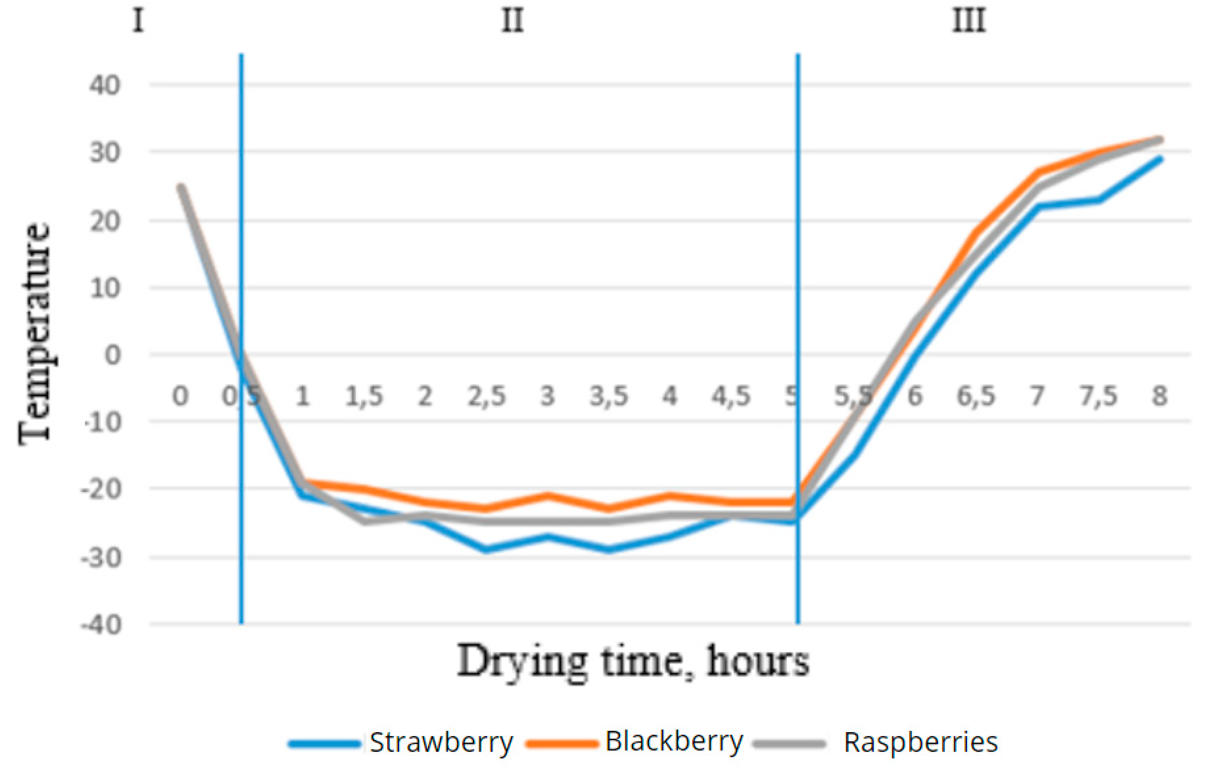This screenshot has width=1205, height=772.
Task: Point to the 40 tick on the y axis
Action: pyautogui.click(x=105, y=85)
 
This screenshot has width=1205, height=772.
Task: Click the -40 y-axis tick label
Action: pyautogui.click(x=101, y=625)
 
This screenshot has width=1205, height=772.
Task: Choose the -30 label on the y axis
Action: pyautogui.click(x=101, y=557)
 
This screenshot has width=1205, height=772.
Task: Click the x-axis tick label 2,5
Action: pyautogui.click(x=486, y=396)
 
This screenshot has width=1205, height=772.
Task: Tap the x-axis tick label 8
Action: pyautogui.click(x=1159, y=396)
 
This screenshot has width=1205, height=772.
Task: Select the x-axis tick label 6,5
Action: pyautogui.click(x=976, y=396)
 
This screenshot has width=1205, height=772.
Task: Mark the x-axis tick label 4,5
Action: pyautogui.click(x=731, y=396)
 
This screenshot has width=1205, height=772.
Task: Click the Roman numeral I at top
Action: pyautogui.click(x=138, y=21)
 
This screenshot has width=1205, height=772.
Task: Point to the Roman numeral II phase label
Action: pyautogui.click(x=513, y=21)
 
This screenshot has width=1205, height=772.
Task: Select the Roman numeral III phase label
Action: pyautogui.click(x=969, y=21)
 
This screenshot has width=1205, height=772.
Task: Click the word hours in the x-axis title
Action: pyautogui.click(x=758, y=661)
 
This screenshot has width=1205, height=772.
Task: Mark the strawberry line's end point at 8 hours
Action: pyautogui.click(x=1159, y=159)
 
